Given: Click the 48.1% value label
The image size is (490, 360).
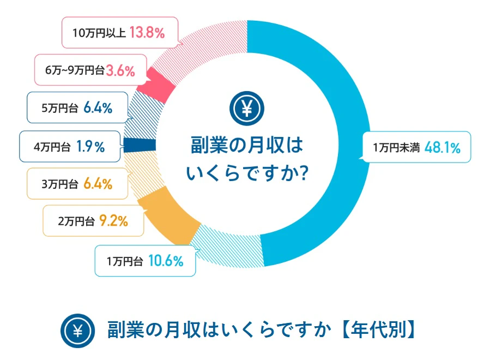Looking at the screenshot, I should coord(443,147).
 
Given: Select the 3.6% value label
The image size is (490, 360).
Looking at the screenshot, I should coord(120,71).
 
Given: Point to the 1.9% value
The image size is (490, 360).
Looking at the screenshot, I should coord(91,147).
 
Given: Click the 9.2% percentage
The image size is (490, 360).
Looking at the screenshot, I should coord(113,221).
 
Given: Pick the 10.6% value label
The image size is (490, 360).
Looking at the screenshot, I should coord(165,261).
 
